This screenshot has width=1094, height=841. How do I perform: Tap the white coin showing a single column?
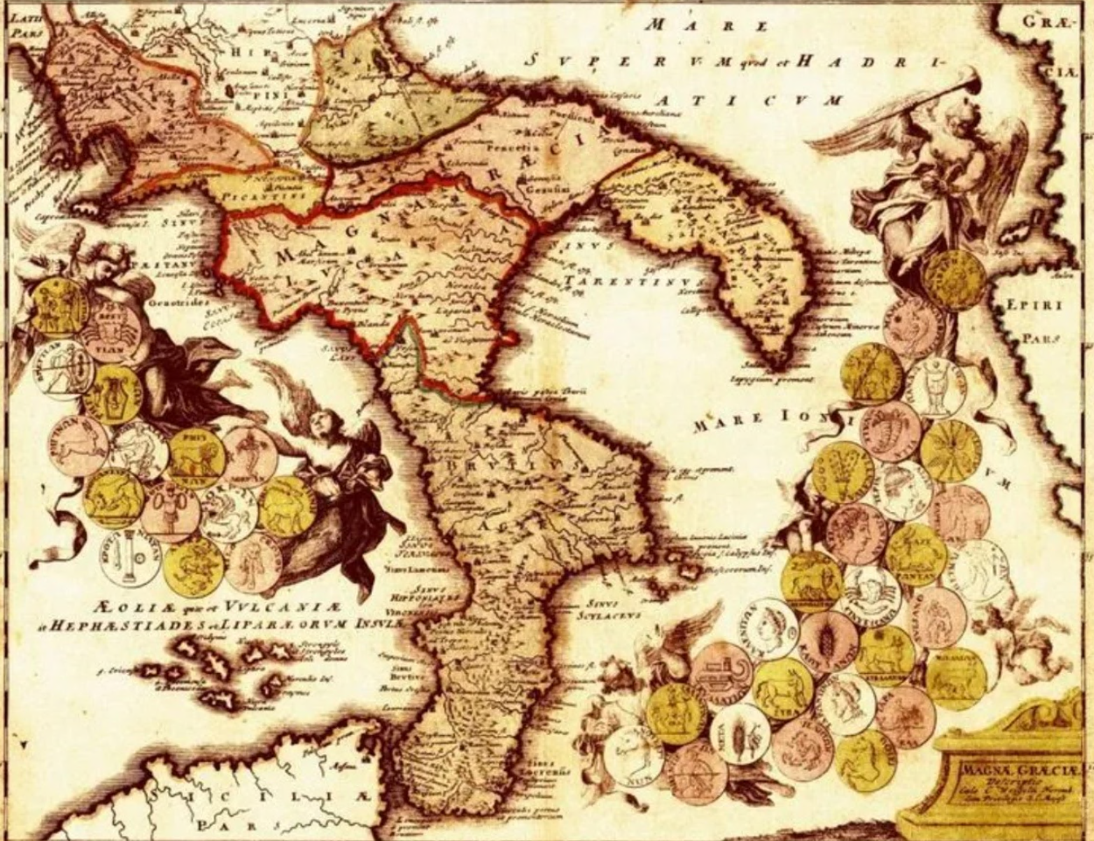[130, 555]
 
